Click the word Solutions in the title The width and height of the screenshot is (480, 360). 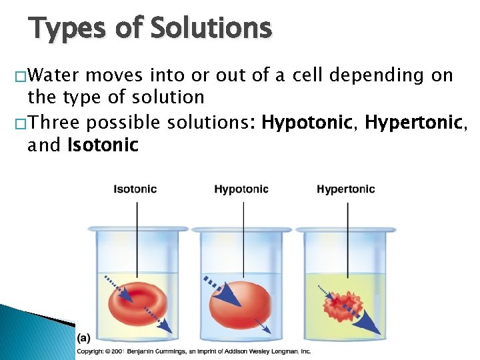pos(211,29)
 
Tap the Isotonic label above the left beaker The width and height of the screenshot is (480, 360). pos(135,189)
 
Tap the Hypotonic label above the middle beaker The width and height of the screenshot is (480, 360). pos(241,189)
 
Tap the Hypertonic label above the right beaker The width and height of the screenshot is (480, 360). pos(346,189)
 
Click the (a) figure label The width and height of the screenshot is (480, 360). pos(85,338)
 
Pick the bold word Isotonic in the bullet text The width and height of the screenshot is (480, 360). pos(103,144)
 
